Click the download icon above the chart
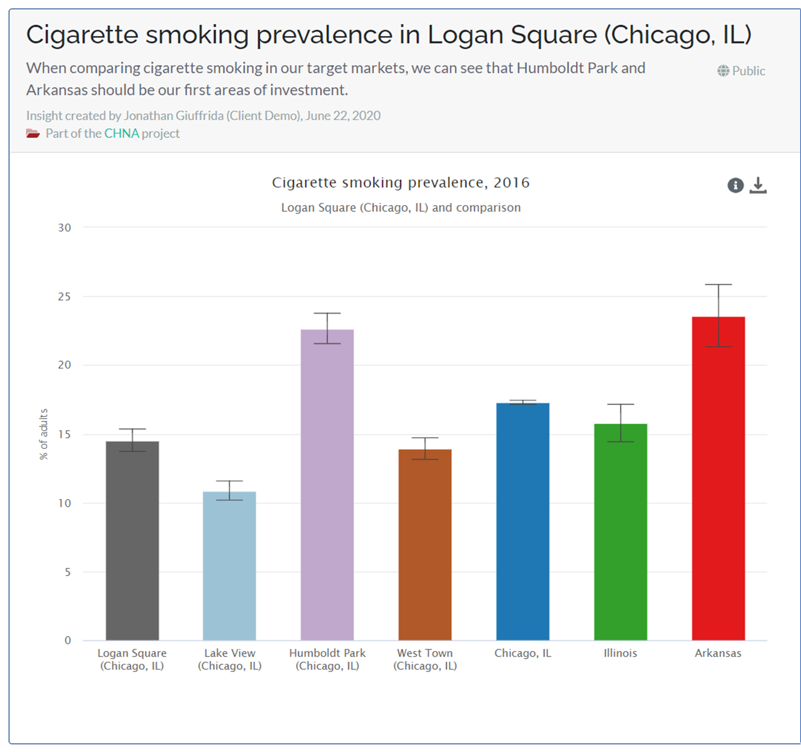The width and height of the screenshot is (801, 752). click(758, 185)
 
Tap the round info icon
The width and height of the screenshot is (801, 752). click(735, 185)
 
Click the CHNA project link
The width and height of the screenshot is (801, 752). click(121, 133)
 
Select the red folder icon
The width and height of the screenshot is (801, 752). click(33, 133)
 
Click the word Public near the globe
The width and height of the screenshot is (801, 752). click(749, 71)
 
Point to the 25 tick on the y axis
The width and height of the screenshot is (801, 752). click(65, 297)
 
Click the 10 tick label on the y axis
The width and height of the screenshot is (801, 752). click(65, 503)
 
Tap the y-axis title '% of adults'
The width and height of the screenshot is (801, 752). click(44, 434)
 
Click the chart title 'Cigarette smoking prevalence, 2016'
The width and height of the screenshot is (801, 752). click(400, 182)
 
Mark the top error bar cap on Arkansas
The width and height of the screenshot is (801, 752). click(718, 284)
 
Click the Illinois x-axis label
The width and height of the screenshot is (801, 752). click(620, 653)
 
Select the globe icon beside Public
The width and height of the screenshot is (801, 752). click(723, 71)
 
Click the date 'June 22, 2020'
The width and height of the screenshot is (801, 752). click(343, 116)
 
